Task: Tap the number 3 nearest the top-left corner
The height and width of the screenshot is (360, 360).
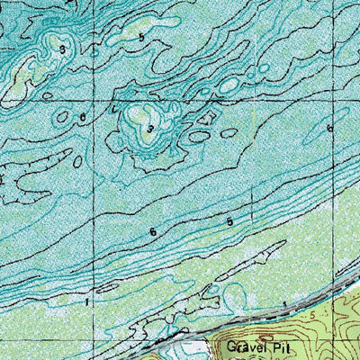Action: (x=62, y=49)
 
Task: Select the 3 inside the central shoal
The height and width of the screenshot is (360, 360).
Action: (x=150, y=130)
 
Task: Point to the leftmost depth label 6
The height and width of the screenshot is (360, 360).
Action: (x=82, y=118)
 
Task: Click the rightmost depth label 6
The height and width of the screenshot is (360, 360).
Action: (x=330, y=130)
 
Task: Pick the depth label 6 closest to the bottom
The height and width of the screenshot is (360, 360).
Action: (x=153, y=232)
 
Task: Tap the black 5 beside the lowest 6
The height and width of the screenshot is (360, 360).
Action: (x=230, y=221)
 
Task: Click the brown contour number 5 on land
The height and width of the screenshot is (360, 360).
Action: (x=314, y=318)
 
